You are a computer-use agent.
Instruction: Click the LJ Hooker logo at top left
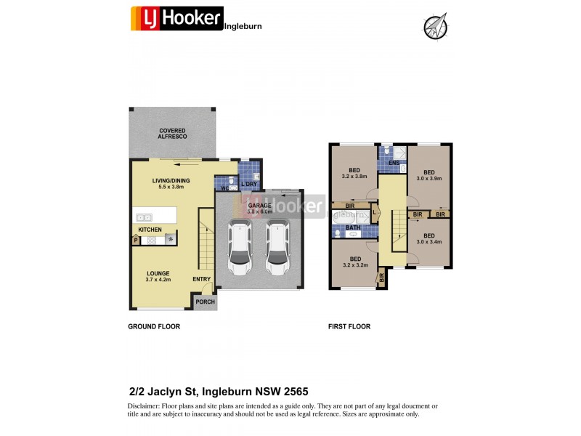(x=176, y=18)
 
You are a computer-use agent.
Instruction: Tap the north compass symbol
(x=434, y=27)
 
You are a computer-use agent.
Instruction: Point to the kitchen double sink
(x=143, y=217)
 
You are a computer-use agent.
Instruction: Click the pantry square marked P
(x=136, y=239)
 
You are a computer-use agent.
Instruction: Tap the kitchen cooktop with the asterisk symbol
(x=171, y=239)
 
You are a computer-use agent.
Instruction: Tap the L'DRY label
(x=248, y=184)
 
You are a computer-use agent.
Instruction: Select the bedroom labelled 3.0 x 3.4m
(x=428, y=239)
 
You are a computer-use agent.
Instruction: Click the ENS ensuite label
(x=393, y=163)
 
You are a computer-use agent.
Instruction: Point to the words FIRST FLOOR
(x=349, y=327)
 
